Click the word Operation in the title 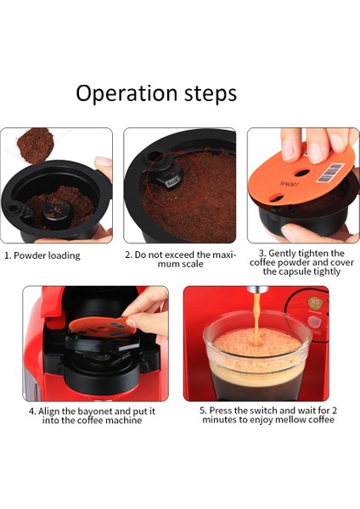(x=127, y=94)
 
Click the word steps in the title (x=211, y=94)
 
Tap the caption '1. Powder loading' (x=42, y=255)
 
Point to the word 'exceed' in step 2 (x=183, y=255)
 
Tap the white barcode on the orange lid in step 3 (x=330, y=173)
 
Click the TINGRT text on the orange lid (x=290, y=184)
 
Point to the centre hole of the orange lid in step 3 (x=302, y=172)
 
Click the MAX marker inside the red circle (x=172, y=184)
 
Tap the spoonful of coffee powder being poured (x=35, y=145)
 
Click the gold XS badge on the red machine (x=314, y=303)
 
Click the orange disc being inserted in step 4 (x=104, y=327)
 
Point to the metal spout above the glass (x=257, y=289)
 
